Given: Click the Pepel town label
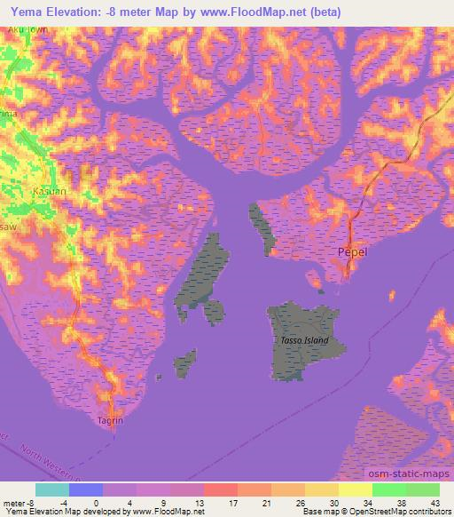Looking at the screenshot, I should point(354,253).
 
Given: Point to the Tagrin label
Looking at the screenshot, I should point(110,422).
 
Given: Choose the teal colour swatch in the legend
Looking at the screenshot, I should point(52,489).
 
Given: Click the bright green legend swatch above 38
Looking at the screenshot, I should point(388,489).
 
